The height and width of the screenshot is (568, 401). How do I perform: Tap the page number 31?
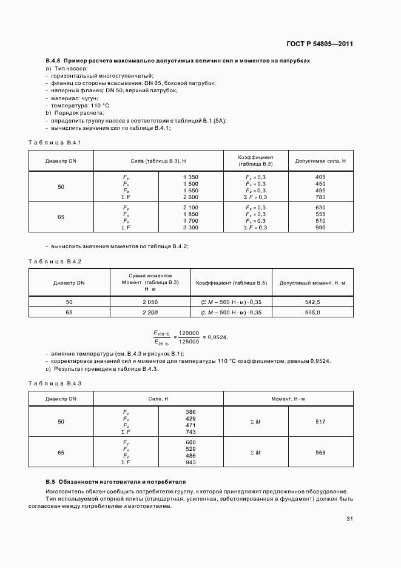coord(349,518)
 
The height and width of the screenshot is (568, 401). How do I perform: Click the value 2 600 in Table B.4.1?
coord(190,197)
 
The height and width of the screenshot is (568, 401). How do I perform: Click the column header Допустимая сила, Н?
coord(320,161)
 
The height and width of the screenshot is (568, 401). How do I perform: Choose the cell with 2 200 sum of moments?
coord(150,312)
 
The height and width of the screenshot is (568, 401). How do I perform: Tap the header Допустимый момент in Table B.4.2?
coord(312,283)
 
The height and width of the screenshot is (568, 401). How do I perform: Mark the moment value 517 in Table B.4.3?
coord(320,422)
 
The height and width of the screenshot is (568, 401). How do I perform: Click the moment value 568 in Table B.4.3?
coord(320,453)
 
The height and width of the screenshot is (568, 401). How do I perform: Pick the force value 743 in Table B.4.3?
coord(190,431)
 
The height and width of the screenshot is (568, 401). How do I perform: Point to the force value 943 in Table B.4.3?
coord(190,462)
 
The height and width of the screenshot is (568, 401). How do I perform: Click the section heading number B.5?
coord(51,481)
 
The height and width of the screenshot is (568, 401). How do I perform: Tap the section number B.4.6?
coord(54,61)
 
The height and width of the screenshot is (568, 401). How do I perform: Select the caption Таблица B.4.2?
coord(55,261)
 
